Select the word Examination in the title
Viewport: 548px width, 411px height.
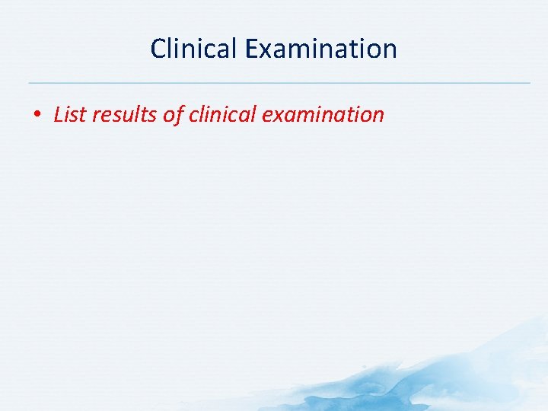coord(320,49)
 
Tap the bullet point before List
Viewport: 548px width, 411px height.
coord(37,116)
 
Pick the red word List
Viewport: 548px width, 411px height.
coord(70,115)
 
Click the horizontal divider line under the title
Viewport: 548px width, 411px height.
coord(279,82)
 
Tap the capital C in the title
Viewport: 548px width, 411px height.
coord(158,49)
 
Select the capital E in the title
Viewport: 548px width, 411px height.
coord(251,49)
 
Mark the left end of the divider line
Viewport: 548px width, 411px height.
coord(30,82)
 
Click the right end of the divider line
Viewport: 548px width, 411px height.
coord(529,82)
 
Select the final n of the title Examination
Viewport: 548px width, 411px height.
coord(390,49)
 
